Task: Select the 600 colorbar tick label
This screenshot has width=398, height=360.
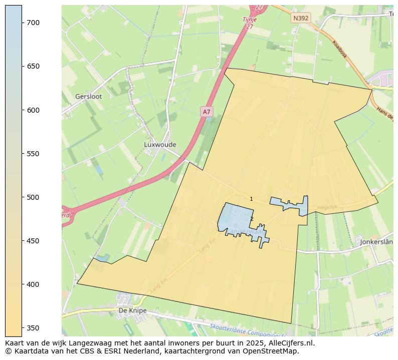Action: (34, 110)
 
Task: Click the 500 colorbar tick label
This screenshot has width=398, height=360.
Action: (34, 197)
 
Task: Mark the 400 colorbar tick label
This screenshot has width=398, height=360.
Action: (34, 284)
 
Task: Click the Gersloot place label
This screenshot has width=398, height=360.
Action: (88, 97)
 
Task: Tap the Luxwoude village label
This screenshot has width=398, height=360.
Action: (160, 145)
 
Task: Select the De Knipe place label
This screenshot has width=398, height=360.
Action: (132, 310)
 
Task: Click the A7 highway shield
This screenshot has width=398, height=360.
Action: (207, 112)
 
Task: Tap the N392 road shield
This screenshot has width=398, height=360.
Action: (301, 18)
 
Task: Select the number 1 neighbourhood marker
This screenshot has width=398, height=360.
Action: (251, 199)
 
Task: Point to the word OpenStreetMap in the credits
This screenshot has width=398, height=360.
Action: (272, 351)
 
